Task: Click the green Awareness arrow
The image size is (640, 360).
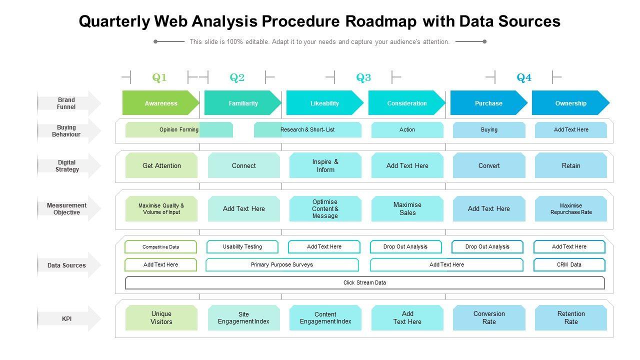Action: (x=160, y=103)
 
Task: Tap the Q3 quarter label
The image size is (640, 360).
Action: (x=363, y=77)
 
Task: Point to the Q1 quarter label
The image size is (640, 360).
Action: (x=159, y=77)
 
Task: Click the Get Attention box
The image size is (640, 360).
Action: (x=161, y=165)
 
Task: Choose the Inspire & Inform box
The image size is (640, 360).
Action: (x=325, y=165)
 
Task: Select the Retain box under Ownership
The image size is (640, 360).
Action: (x=570, y=165)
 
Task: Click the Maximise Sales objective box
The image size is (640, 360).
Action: (x=407, y=208)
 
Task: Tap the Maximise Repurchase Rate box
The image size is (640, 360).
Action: (x=570, y=208)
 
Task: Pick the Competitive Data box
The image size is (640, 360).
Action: (x=160, y=246)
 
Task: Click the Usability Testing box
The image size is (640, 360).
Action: (x=242, y=246)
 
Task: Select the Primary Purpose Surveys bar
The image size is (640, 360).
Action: (x=282, y=264)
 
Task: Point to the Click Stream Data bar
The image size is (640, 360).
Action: (x=364, y=282)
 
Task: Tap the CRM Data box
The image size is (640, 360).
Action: (x=569, y=264)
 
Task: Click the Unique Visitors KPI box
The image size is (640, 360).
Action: (x=161, y=317)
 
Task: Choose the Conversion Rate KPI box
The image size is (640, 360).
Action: (x=489, y=317)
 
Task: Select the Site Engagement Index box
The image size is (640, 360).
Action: (x=243, y=317)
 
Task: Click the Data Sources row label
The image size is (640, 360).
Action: (x=66, y=265)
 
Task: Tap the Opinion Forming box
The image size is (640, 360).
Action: (x=178, y=129)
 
